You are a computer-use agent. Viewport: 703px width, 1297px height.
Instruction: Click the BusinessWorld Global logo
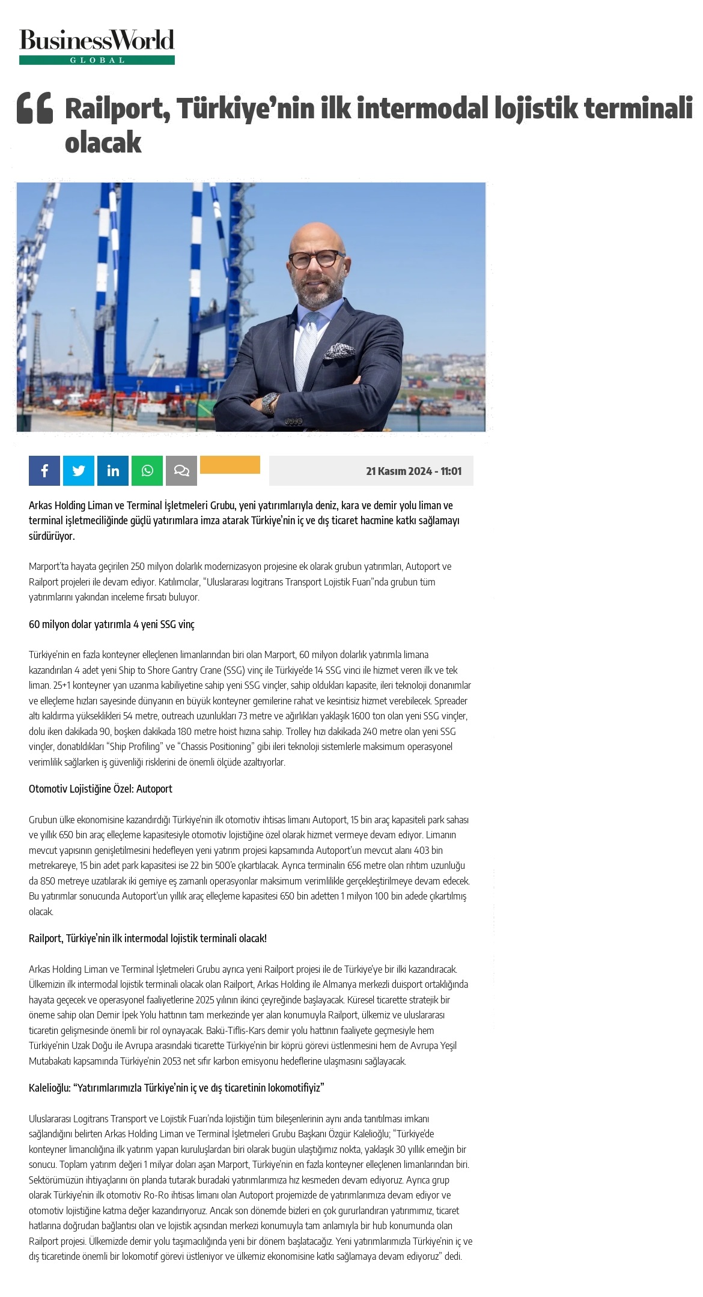coord(97,46)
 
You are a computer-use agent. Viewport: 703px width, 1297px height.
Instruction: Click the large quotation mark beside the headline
coord(35,108)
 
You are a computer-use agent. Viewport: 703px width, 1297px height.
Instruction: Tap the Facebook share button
coord(44,471)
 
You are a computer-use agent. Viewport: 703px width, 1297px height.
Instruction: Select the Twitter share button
coord(79,471)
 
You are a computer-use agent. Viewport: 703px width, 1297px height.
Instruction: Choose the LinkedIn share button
coord(113,471)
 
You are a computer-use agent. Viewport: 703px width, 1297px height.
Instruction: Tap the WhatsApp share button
coord(147,471)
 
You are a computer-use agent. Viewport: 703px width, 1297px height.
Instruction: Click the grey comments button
coord(181,471)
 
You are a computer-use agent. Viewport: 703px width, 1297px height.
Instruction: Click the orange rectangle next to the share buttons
coord(230,465)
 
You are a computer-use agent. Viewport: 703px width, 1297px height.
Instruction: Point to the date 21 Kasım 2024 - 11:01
coord(413,471)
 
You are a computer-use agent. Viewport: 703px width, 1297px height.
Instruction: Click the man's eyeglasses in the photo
coord(313,259)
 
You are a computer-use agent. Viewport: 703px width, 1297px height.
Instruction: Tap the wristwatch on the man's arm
coord(270,402)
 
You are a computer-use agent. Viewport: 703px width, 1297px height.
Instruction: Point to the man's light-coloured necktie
coord(306,348)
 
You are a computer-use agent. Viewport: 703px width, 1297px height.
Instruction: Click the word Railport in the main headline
coord(114,109)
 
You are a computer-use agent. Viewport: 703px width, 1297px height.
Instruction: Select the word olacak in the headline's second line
coord(103,143)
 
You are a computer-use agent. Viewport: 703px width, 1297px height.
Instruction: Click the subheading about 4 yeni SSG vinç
coord(112,624)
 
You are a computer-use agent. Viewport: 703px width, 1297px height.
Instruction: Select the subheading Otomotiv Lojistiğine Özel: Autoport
coord(100,789)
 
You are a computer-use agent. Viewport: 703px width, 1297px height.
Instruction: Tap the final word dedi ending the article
coord(453,1256)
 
